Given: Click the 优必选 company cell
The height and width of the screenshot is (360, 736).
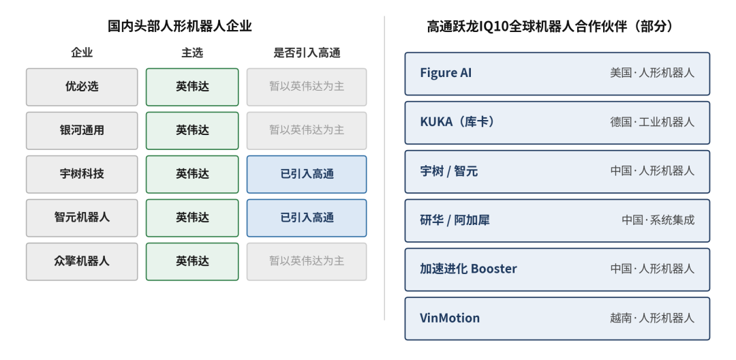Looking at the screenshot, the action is click(82, 87).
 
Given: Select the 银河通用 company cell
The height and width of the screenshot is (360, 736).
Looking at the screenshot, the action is click(82, 130).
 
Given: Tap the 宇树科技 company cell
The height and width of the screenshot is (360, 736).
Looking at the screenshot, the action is click(82, 174).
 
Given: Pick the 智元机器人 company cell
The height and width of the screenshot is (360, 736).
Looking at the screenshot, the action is click(82, 217).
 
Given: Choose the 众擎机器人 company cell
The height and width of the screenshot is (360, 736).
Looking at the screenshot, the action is click(82, 261).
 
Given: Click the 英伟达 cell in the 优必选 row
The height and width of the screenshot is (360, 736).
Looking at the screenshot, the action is click(192, 87).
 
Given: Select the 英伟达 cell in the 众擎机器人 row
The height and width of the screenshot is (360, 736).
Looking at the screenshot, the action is click(192, 261).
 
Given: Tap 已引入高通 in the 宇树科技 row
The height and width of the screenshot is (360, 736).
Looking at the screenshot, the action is click(307, 174).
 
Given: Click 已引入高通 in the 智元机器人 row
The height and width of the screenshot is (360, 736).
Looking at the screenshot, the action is click(307, 217).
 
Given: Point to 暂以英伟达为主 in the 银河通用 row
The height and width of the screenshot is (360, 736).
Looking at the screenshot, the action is click(307, 130).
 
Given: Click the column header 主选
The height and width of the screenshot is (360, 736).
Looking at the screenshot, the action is click(192, 53).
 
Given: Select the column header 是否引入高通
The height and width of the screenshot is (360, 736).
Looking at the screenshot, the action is click(307, 53).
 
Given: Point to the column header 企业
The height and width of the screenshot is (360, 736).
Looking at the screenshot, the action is click(82, 53).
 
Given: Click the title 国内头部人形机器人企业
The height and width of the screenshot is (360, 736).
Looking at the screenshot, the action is click(180, 26).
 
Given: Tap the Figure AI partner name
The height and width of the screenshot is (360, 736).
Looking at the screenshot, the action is click(446, 73).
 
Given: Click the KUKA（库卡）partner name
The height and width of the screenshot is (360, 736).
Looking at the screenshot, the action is click(457, 122).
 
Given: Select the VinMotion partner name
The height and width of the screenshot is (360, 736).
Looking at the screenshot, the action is click(450, 318).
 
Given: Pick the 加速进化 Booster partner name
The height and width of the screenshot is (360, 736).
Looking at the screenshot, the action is click(468, 269).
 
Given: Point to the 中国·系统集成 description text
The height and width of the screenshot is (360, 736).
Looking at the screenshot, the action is click(658, 220).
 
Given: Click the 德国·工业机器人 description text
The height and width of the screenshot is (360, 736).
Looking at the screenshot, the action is click(652, 122).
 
